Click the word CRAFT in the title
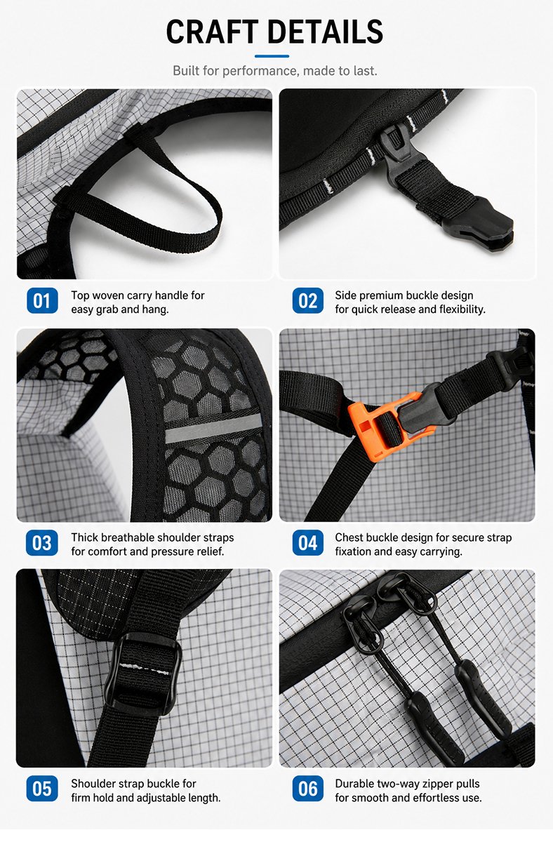[212, 32]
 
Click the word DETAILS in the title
[325, 32]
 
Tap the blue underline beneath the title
[272, 56]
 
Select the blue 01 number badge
[42, 300]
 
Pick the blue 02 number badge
[308, 300]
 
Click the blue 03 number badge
[42, 543]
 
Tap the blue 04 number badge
[308, 543]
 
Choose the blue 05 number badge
[42, 789]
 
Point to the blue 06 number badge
[308, 789]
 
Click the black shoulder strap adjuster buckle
[142, 671]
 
